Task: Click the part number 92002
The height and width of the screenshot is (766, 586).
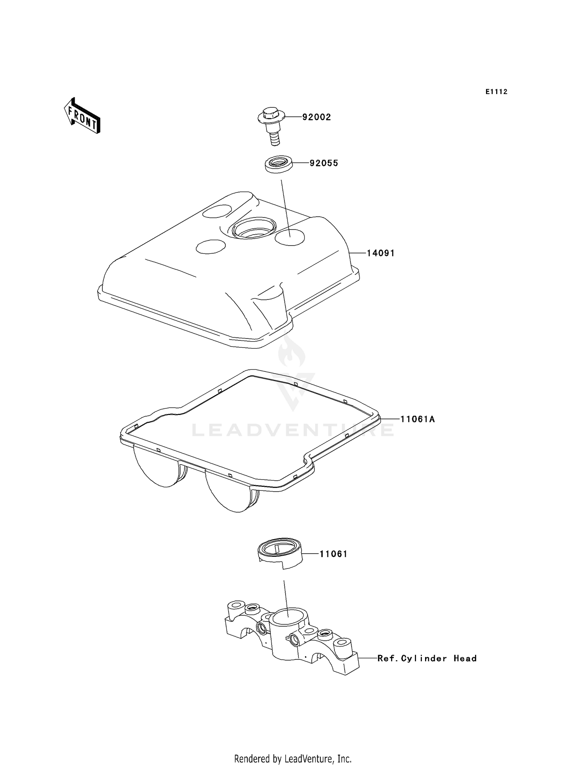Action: [316, 117]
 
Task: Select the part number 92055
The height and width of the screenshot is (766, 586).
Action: [323, 163]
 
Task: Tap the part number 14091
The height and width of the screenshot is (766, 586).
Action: [381, 253]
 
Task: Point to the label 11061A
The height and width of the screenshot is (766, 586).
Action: [417, 419]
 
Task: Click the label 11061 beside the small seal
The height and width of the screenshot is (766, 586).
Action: [333, 554]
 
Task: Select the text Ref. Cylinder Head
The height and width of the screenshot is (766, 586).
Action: [427, 658]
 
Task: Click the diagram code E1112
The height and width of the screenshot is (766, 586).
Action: [497, 92]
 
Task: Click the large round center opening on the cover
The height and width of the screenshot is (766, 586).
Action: [254, 228]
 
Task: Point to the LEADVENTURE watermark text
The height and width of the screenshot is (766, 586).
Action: [293, 430]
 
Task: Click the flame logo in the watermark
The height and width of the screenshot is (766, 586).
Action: [291, 352]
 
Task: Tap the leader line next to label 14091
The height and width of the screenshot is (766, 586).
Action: [357, 253]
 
